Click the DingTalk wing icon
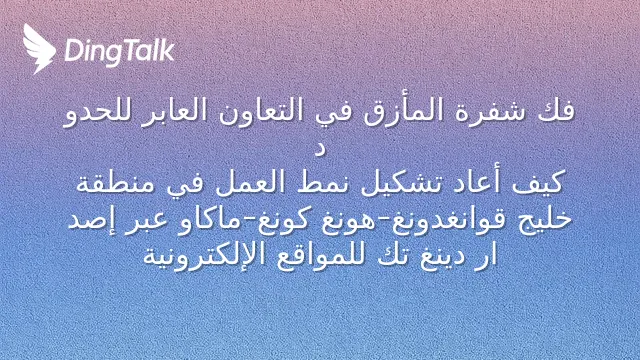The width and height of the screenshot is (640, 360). [39, 49]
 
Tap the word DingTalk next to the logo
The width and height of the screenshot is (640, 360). [120, 51]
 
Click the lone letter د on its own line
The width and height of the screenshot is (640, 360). [320, 150]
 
